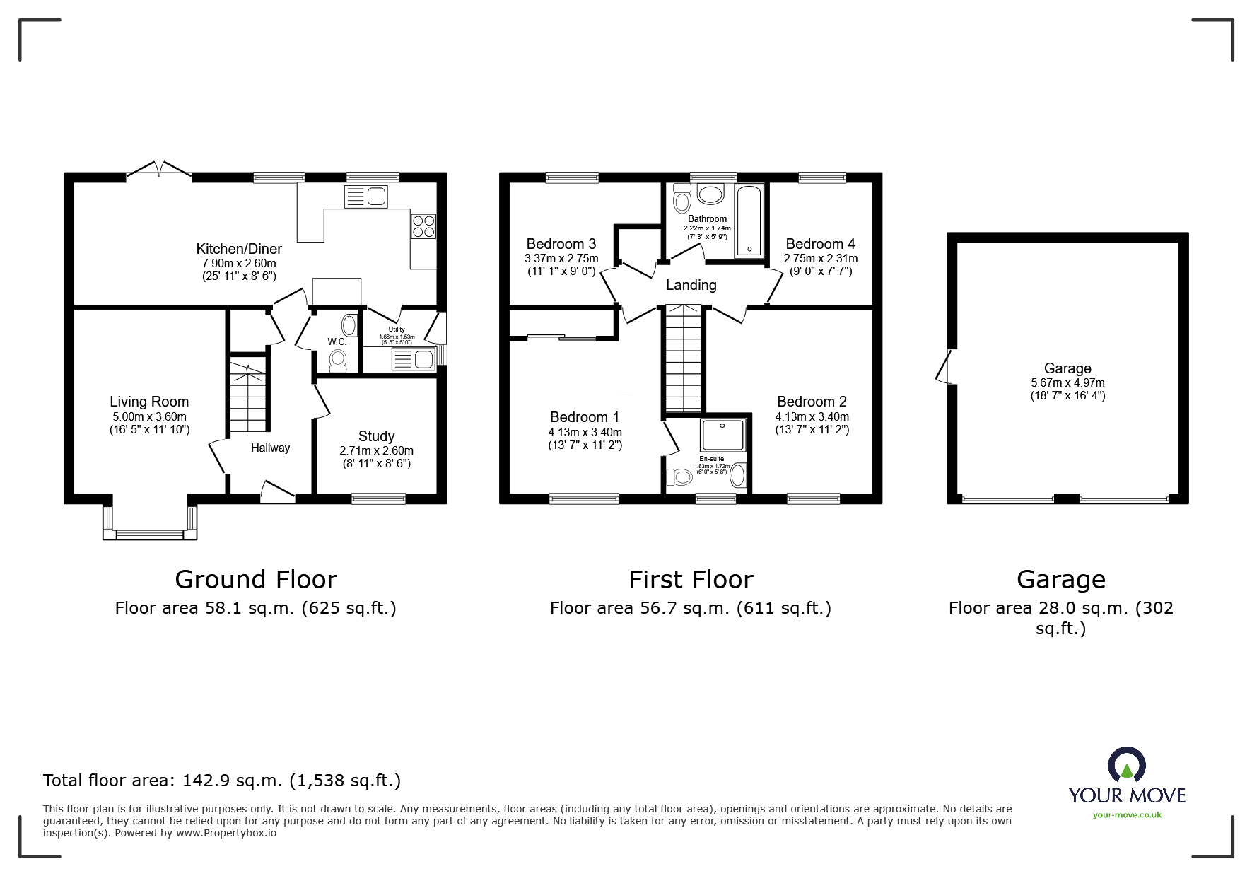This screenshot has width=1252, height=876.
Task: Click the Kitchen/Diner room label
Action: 239,249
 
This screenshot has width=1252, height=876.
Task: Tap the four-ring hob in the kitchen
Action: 424,226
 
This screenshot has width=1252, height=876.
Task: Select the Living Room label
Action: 149,402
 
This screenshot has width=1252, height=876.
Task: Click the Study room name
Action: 376,436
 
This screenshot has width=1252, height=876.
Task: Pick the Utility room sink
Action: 413,360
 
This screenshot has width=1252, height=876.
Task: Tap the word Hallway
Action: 270,448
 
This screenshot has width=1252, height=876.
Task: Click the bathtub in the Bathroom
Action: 749,221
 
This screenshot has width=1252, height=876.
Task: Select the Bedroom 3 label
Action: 561,245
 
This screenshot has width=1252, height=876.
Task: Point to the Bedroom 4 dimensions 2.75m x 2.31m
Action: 821,259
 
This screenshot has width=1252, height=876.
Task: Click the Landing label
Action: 691,285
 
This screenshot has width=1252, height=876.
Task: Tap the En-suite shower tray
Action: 722,435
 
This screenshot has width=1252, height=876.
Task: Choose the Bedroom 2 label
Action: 812,402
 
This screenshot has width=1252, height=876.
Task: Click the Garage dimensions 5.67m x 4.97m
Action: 1067,382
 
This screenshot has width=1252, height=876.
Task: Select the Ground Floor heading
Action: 256,579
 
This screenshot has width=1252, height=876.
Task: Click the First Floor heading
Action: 691,579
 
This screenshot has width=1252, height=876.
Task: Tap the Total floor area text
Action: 222,781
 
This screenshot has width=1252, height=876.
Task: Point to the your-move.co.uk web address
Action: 1127,815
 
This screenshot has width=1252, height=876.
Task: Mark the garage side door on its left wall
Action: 945,366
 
